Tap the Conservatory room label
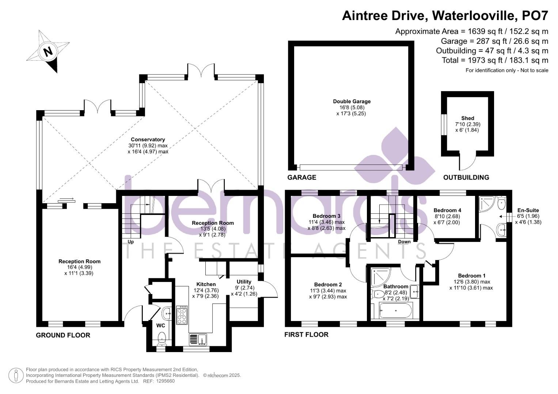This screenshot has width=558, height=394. pos(148,140)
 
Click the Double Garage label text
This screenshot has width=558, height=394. pos(352,101)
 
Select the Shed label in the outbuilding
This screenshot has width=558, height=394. pos(467,118)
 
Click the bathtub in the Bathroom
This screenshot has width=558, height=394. pos(396,311)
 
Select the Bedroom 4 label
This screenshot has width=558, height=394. pos(447,210)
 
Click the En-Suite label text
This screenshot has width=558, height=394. pos(528,210)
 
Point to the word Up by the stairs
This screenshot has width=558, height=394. pos(130,242)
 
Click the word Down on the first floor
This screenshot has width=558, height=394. pos(404,242)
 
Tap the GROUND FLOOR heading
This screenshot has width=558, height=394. pos(63,335)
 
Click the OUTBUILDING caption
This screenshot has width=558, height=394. pos(466,177)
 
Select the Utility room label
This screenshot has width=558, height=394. pos(244,282)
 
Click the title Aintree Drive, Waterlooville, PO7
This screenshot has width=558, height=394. pos(445,16)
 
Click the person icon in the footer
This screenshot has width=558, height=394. pos(16,375)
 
